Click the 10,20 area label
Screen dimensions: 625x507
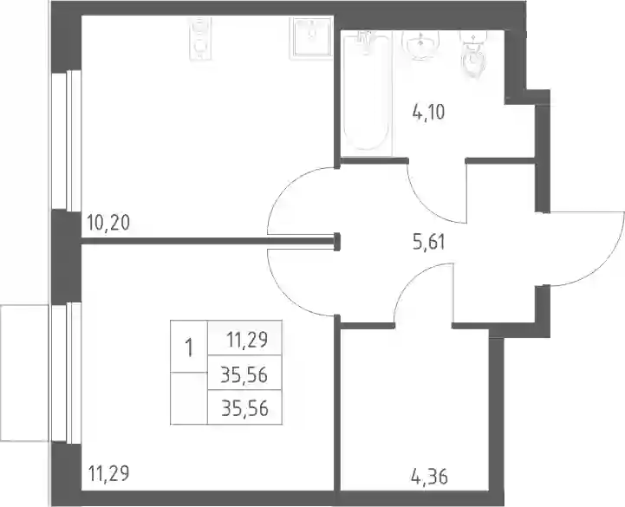[108, 223]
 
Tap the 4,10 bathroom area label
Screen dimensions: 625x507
[428, 112]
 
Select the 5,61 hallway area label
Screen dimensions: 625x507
[428, 242]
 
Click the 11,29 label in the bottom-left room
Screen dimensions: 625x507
[108, 474]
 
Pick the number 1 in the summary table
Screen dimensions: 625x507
[189, 348]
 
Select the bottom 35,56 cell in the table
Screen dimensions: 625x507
[244, 408]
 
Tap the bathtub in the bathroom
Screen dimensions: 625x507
[366, 93]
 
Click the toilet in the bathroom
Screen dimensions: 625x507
[473, 54]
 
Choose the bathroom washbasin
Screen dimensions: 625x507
[420, 45]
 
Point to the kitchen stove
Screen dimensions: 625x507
[199, 40]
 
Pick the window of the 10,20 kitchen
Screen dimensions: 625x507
[67, 140]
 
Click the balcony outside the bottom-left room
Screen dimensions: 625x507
[25, 373]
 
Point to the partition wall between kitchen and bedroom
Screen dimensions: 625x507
[209, 241]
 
